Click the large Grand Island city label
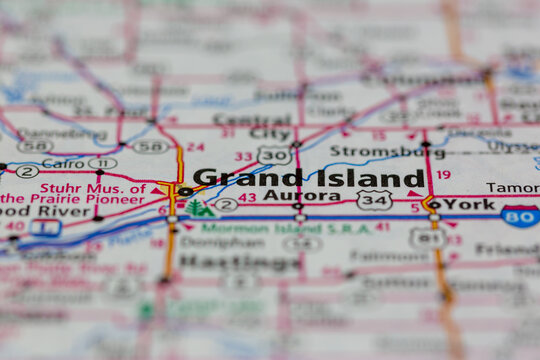[x=309, y=178]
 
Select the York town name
[x=469, y=203]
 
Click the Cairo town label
[x=63, y=163]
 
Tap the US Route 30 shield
[x=273, y=155]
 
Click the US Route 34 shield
[x=374, y=201]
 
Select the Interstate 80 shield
[x=520, y=215]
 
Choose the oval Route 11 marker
[x=102, y=163]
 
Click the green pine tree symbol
[x=200, y=208]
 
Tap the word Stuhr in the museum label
[x=63, y=187]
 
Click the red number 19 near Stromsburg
[x=443, y=174]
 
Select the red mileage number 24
[x=196, y=147]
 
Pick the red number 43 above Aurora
[x=246, y=197]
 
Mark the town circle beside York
[x=434, y=204]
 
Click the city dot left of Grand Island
[x=185, y=191]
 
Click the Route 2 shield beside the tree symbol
[x=226, y=205]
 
